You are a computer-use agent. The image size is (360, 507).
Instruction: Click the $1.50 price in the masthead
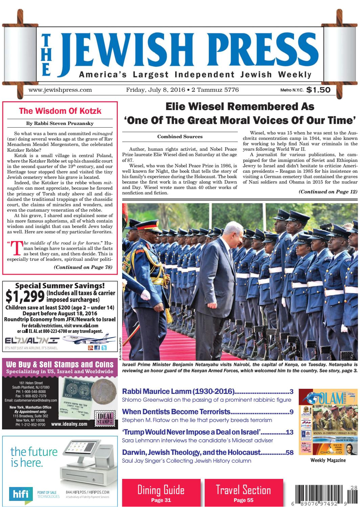(x=318, y=90)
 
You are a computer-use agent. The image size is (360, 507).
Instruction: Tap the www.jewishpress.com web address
(x=60, y=90)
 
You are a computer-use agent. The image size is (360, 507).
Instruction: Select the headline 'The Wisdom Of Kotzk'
(x=60, y=111)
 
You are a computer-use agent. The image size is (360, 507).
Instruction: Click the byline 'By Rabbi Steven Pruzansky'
(x=60, y=123)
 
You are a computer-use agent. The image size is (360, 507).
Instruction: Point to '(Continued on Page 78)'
(x=83, y=267)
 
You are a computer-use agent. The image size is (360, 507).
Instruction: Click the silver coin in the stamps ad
(x=100, y=389)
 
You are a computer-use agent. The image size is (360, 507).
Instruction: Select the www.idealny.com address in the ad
(x=69, y=424)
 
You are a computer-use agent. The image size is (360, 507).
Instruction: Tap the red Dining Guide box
(x=161, y=493)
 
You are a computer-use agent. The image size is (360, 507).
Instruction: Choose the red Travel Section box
(x=244, y=493)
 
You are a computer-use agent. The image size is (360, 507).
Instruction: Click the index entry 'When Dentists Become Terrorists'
(x=176, y=412)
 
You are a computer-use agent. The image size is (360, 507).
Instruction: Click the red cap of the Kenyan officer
(x=147, y=226)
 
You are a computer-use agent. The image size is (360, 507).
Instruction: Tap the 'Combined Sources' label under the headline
(x=180, y=137)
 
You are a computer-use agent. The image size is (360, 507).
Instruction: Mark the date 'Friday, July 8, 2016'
(x=155, y=90)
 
